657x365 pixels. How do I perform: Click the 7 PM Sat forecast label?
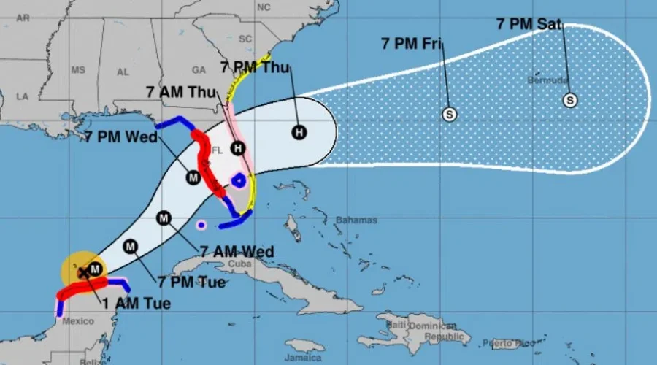529,24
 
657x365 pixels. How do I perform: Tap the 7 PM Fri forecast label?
410,43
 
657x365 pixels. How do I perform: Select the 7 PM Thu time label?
255,68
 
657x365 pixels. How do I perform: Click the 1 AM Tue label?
137,303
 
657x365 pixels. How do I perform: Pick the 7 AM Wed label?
236,252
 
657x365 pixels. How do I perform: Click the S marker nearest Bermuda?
570,101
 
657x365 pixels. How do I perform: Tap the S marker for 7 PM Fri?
450,114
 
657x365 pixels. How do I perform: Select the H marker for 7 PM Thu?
299,131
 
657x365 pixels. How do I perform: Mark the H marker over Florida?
237,148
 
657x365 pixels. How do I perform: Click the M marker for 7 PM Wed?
193,177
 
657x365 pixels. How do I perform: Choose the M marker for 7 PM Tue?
131,247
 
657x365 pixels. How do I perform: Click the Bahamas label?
356,220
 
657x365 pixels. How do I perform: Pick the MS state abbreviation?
78,70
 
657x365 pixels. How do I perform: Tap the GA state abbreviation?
199,70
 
